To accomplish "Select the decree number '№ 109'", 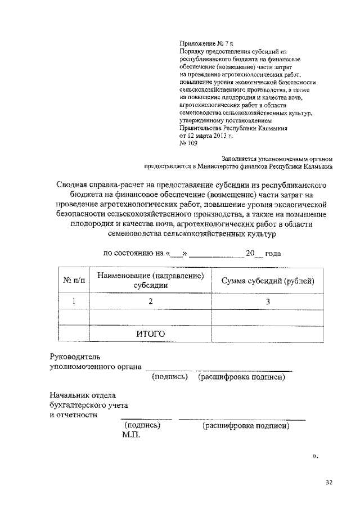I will pos(187,143).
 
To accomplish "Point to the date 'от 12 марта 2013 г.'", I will pos(205,136).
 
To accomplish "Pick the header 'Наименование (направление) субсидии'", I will pos(150,280).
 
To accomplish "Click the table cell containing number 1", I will pos(74,301).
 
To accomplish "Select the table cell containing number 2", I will pos(150,301).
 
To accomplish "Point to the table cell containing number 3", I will pos(268,301).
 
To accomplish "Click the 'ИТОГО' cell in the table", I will pos(150,334).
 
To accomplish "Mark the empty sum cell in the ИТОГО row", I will pos(268,334).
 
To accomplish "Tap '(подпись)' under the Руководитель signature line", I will pos(169,377).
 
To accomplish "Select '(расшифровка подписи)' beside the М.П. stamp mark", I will pos(246,426).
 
